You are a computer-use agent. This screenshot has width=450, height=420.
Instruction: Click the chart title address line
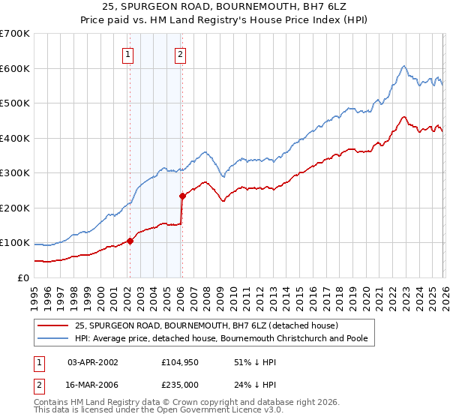pyautogui.click(x=225, y=7)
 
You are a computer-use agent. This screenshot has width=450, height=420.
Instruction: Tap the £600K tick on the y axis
pyautogui.click(x=15, y=68)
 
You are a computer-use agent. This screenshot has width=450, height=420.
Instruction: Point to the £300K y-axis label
pyautogui.click(x=15, y=173)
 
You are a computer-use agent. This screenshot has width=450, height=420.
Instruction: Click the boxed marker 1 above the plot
pyautogui.click(x=128, y=53)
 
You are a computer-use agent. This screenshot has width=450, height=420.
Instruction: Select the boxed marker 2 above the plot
pyautogui.click(x=181, y=53)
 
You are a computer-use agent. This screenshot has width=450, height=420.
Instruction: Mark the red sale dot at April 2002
pyautogui.click(x=130, y=241)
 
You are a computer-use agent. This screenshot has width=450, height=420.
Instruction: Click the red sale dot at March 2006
pyautogui.click(x=182, y=196)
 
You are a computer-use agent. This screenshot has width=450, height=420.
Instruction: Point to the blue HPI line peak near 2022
pyautogui.click(x=403, y=66)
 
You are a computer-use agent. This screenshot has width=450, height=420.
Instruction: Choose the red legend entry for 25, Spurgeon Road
pyautogui.click(x=207, y=325)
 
